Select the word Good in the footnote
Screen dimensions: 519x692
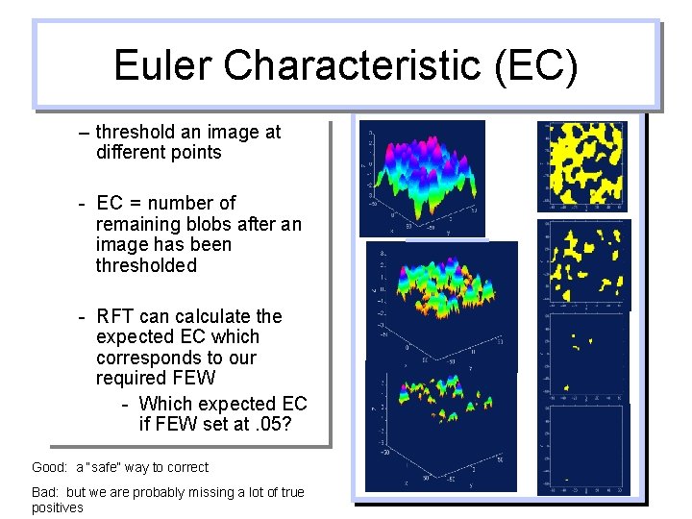click(x=49, y=467)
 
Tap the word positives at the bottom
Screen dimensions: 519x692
click(x=58, y=507)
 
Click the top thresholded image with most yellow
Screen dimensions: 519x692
click(x=581, y=165)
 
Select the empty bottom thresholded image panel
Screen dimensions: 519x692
click(x=581, y=450)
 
